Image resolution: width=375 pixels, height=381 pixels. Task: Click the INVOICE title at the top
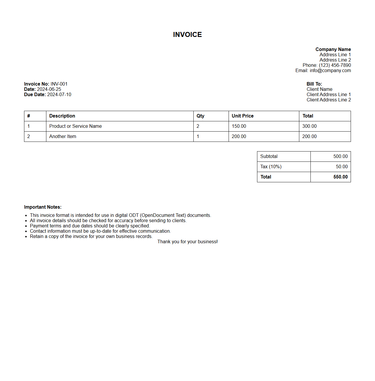[187, 35]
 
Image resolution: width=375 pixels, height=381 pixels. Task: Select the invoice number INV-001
[59, 84]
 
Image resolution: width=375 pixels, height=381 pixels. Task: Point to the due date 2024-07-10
[59, 95]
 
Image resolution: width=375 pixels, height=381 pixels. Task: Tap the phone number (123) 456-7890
[335, 65]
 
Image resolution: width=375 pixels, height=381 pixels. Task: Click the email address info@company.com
[330, 71]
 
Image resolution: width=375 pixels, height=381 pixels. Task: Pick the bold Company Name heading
[333, 50]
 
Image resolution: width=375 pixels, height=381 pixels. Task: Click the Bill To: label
[314, 84]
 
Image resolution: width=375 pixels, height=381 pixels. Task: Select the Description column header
[62, 116]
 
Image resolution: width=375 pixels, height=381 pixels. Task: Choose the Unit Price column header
[243, 116]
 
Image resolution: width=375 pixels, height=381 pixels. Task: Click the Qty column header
[200, 116]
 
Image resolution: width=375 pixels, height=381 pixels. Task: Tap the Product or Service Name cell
[75, 126]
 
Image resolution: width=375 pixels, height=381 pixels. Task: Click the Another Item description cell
[63, 137]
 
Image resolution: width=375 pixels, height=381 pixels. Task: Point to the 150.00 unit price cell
[239, 126]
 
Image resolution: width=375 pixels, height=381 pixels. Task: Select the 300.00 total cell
[310, 126]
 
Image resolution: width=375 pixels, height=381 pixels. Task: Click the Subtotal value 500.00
[340, 157]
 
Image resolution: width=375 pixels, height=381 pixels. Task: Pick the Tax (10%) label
[271, 167]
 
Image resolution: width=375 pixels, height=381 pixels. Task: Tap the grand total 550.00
[340, 177]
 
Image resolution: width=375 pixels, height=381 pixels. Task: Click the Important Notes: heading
[43, 207]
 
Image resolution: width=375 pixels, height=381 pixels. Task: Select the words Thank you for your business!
[187, 242]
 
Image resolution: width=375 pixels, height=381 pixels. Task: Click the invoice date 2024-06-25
[49, 89]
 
